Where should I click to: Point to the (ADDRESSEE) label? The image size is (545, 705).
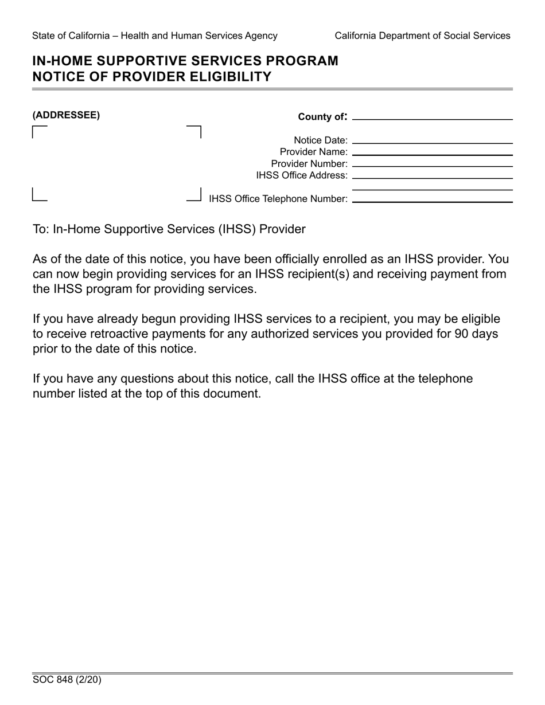[x=66, y=115]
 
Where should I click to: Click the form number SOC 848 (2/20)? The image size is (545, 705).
[x=67, y=680]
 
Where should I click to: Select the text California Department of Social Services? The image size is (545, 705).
[x=422, y=36]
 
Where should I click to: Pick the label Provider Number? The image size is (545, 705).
[x=309, y=164]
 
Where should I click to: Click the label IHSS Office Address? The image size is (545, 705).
[x=302, y=175]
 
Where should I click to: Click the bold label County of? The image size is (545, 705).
[x=322, y=117]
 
